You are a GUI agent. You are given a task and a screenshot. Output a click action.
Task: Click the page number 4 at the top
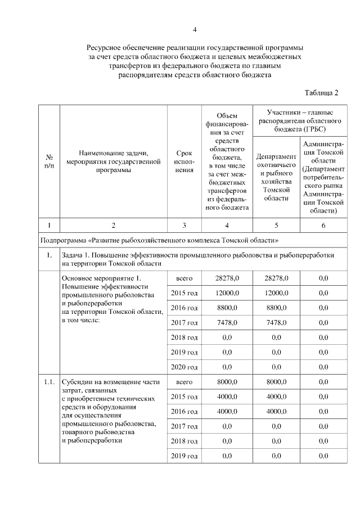tap(194, 29)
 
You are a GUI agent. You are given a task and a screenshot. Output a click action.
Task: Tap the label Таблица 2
tap(321, 92)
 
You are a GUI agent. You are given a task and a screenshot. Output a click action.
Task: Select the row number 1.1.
tap(49, 382)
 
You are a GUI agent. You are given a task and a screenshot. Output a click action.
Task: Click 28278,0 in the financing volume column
tap(227, 278)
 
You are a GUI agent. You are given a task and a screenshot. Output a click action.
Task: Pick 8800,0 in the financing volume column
tap(227, 307)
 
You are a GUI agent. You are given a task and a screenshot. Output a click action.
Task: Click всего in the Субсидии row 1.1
tap(184, 382)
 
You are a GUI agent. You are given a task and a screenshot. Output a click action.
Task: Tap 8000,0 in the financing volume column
tap(227, 382)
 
